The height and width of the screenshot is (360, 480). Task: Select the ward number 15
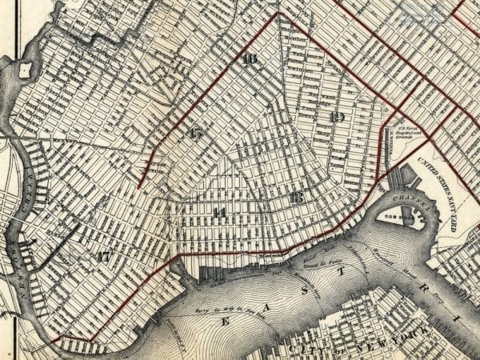coord(196,133)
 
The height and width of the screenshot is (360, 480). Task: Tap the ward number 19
coord(337,118)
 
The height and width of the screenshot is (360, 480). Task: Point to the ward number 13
coord(297,197)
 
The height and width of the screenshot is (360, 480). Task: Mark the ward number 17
coord(102,257)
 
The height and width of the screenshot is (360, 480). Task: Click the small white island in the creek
coord(24,70)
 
